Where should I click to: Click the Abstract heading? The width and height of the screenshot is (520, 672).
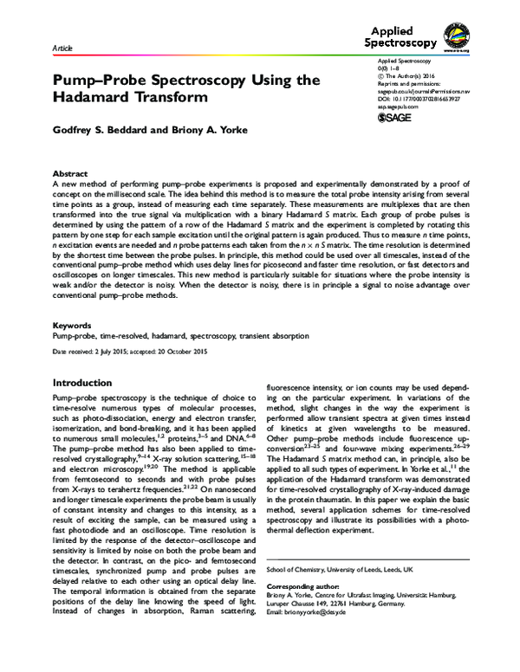pyautogui.click(x=70, y=173)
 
